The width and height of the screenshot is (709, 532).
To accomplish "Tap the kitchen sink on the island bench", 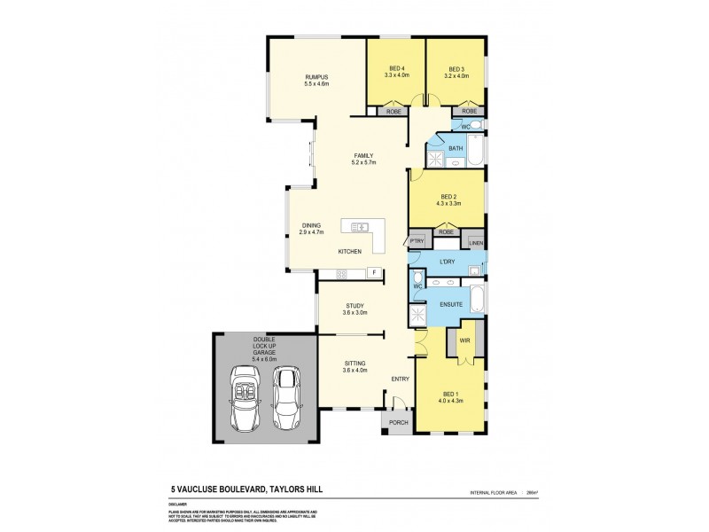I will [x=361, y=227].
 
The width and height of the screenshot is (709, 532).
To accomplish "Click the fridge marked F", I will [x=375, y=272].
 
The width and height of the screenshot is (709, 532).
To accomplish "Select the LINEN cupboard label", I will [x=475, y=242].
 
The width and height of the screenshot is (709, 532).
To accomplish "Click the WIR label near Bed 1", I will [x=464, y=339].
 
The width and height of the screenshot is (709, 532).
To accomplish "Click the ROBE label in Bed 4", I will [x=392, y=112].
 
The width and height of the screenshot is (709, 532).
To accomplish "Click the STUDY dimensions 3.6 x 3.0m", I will [x=354, y=313].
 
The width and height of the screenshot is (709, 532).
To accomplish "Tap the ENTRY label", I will [x=401, y=379].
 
